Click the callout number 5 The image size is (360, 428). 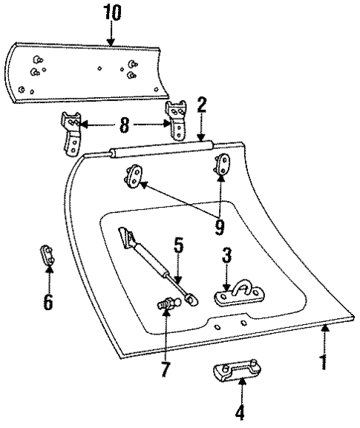coord(178,245)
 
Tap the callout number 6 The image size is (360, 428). coord(48,302)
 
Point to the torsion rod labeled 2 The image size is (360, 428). coord(160,150)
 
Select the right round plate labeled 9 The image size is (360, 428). coord(222,163)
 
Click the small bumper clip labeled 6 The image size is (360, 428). coord(48,256)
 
